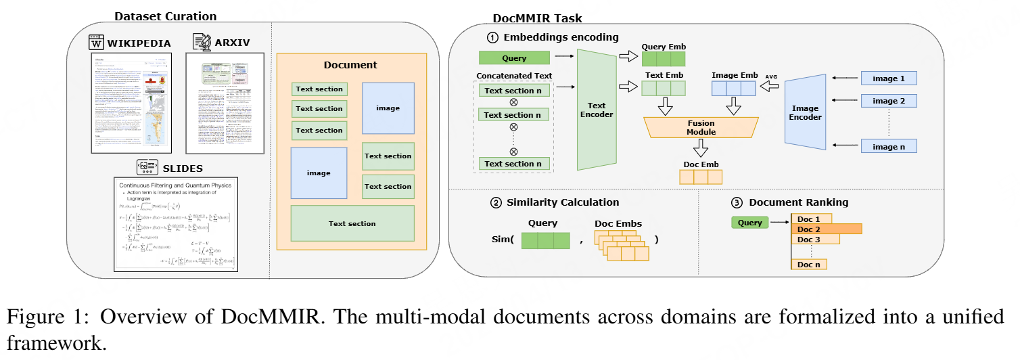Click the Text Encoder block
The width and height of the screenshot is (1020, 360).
[597, 110]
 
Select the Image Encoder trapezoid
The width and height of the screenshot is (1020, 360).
[805, 112]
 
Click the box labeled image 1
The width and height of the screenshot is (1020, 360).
[888, 78]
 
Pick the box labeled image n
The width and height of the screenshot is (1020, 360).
[888, 145]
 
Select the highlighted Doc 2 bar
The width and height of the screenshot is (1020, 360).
[826, 229]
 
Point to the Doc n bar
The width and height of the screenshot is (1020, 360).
[809, 265]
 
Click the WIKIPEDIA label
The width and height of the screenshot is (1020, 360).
[139, 43]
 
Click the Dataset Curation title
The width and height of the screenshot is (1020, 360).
[165, 16]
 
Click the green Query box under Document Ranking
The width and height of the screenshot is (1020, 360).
[749, 223]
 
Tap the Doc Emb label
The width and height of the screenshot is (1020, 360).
[700, 164]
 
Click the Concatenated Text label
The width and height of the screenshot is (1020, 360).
[514, 76]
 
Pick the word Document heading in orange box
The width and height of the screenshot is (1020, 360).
[350, 65]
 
